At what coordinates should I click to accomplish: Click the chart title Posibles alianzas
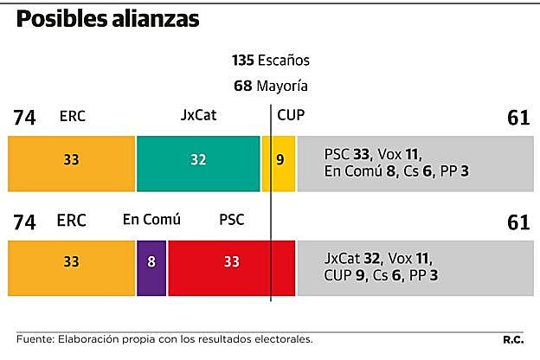pos(107,19)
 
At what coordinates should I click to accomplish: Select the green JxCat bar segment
pos(198,164)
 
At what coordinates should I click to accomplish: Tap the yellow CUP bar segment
pos(279,164)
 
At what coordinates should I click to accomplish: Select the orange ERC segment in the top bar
pos(71,164)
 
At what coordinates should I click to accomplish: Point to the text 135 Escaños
pos(270,61)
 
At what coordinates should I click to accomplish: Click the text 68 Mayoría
pos(270,87)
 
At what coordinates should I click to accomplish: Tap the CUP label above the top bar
pos(291,115)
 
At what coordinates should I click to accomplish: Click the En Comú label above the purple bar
pos(151,220)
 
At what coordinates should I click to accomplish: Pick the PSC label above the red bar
pos(232,220)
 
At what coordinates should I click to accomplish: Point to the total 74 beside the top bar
pos(25,118)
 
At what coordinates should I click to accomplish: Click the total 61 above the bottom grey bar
pos(517,222)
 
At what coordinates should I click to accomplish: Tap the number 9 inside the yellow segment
pos(279,160)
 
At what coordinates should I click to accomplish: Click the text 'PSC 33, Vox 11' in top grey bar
pos(371,154)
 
